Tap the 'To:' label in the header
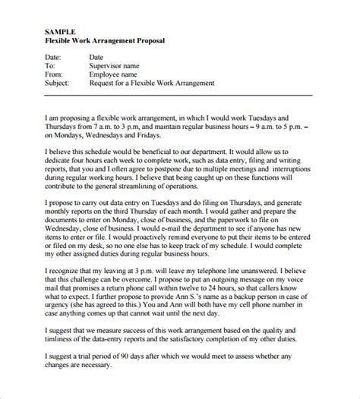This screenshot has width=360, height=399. click(51, 66)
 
